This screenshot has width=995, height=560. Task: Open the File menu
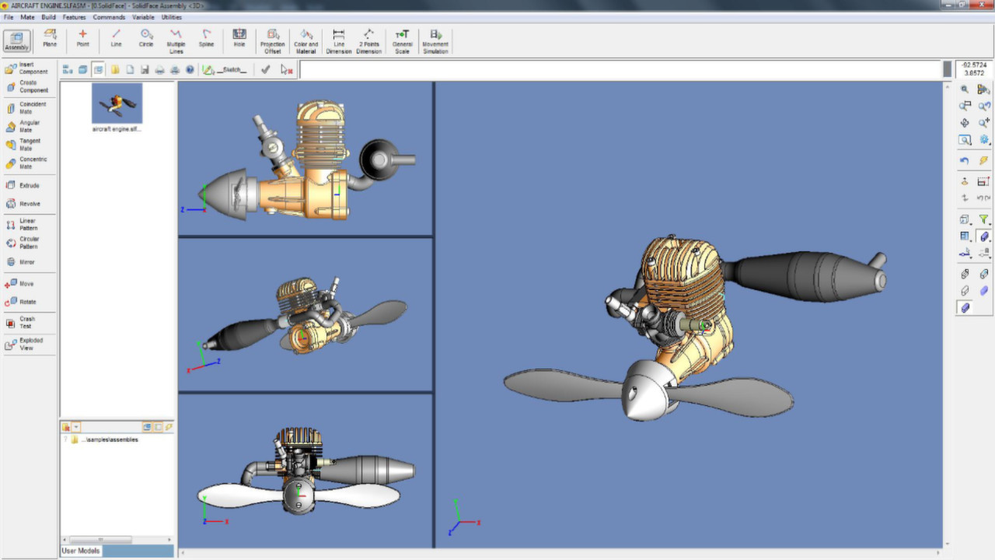tap(9, 17)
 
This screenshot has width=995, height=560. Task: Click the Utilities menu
tap(171, 17)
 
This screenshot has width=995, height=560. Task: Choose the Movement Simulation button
tap(435, 40)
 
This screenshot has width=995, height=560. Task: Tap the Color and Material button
tap(306, 40)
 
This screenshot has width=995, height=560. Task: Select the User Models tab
tap(81, 551)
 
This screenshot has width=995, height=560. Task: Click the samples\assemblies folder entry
tap(109, 439)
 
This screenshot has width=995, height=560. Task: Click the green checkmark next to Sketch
tap(266, 69)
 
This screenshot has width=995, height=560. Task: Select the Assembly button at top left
tap(16, 40)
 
